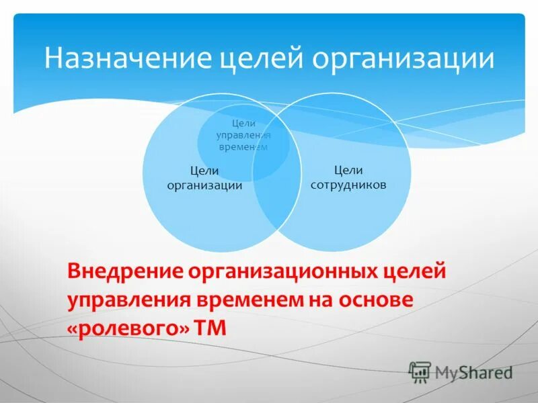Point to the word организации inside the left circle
pyautogui.click(x=204, y=186)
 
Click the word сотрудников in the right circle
pyautogui.click(x=348, y=184)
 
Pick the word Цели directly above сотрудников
pyautogui.click(x=348, y=171)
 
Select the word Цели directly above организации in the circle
pyautogui.click(x=204, y=172)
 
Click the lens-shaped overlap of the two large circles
pyautogui.click(x=276, y=195)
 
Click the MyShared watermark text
pyautogui.click(x=473, y=372)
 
